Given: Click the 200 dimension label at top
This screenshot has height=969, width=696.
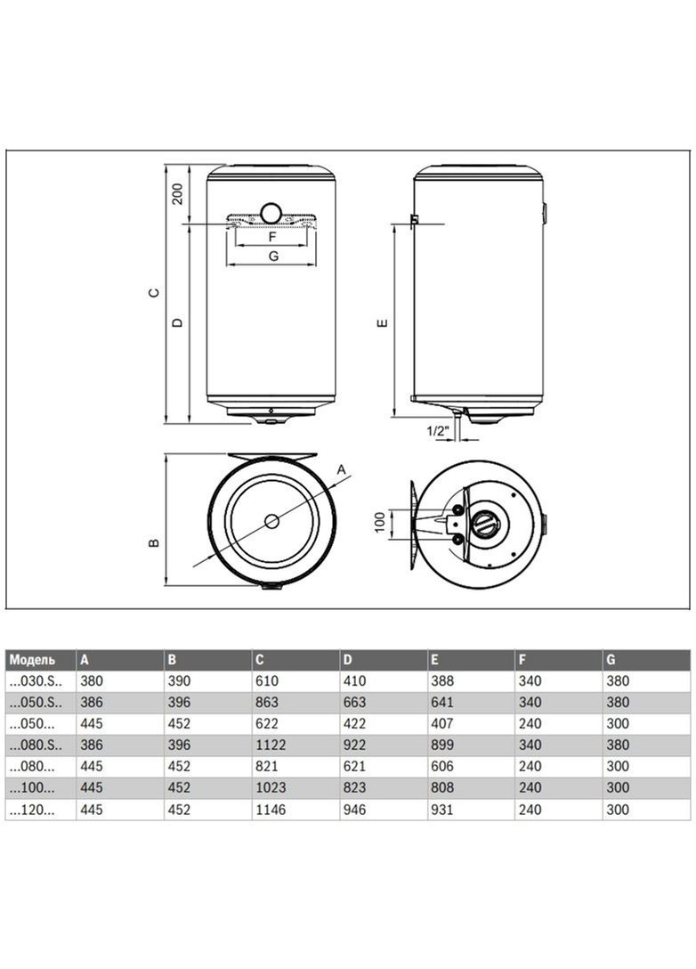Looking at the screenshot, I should click(177, 194).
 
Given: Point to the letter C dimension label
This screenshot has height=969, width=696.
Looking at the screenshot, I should click(153, 293).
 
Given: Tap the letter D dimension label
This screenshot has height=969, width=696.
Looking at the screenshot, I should click(177, 322).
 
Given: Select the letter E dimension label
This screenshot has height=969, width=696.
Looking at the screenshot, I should click(381, 322).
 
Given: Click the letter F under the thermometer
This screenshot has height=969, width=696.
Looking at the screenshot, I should click(273, 237).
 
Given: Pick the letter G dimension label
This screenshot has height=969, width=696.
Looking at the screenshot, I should click(273, 256).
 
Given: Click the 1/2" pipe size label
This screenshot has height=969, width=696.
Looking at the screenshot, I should click(439, 430).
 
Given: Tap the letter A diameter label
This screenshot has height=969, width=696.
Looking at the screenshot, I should click(340, 469).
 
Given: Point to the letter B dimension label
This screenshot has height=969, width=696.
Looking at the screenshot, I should click(153, 541).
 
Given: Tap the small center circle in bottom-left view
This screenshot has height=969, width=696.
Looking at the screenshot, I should click(272, 521).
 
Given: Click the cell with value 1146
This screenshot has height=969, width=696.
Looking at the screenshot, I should click(269, 810).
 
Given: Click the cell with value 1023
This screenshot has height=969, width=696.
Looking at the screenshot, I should click(269, 788).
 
